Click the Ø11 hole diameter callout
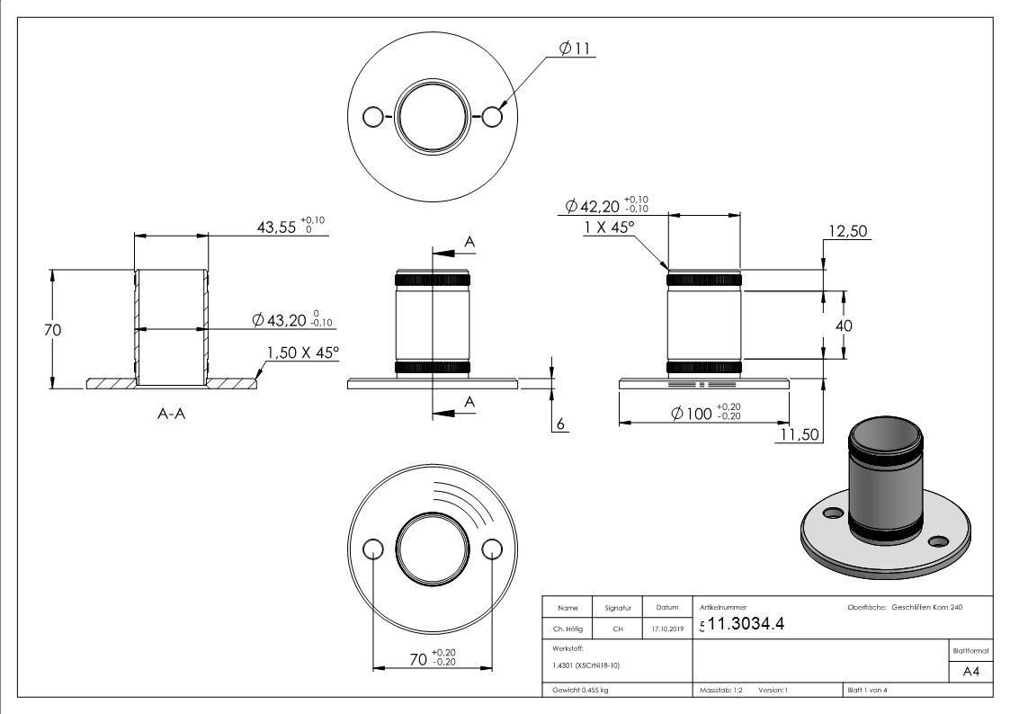[x=574, y=49]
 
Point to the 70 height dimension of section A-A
[x=53, y=330]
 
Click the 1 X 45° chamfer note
[x=609, y=228]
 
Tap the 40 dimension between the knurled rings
[x=844, y=326]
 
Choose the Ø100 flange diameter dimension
[x=706, y=413]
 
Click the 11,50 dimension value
[x=799, y=435]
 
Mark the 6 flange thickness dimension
[x=559, y=424]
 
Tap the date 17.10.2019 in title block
[x=666, y=629]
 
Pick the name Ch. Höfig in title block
[x=568, y=629]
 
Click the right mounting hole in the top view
[x=491, y=117]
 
